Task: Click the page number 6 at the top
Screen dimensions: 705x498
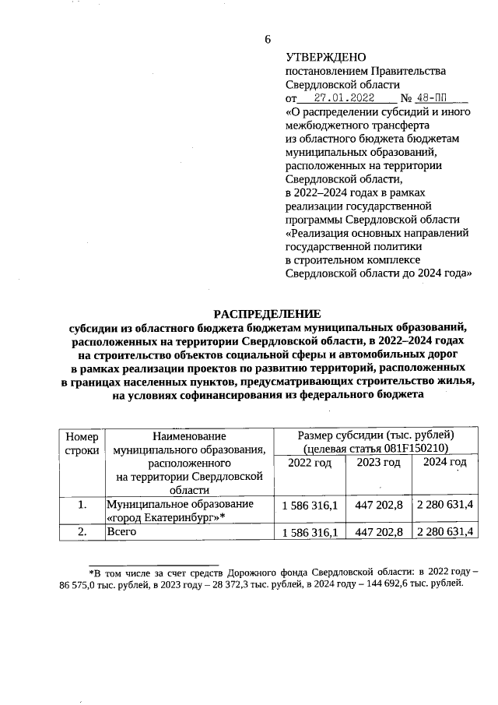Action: coord(267,40)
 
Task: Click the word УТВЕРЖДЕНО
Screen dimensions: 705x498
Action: coord(321,58)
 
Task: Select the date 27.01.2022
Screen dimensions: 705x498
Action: coord(345,98)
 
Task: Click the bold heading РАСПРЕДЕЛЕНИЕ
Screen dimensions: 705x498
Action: coord(268,312)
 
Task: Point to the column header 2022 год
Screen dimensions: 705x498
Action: coord(310,464)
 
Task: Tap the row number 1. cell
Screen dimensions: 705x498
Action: coord(82,505)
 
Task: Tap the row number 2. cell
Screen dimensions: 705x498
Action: coord(82,532)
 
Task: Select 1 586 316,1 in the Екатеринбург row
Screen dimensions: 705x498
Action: coord(310,506)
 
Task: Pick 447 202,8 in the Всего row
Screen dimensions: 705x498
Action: coord(378,533)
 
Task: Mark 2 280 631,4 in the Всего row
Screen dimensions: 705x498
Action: coord(445,533)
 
